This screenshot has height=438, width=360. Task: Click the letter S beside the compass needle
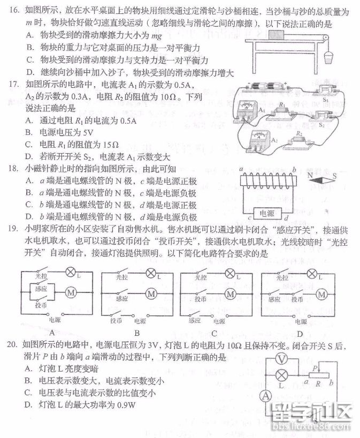(335, 175)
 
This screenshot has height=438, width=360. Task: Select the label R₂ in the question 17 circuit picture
(300, 134)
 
